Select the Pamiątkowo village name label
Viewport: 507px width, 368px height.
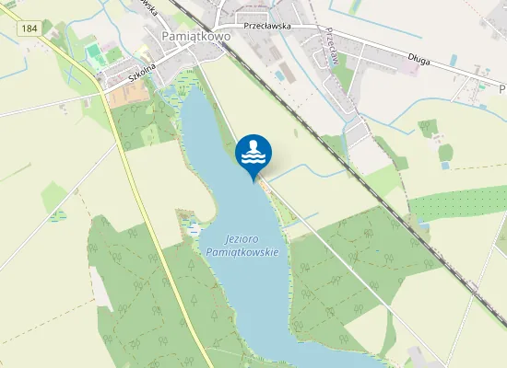click(x=195, y=35)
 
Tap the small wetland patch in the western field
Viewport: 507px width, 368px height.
click(x=59, y=215)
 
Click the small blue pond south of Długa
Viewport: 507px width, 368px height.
click(x=445, y=166)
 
